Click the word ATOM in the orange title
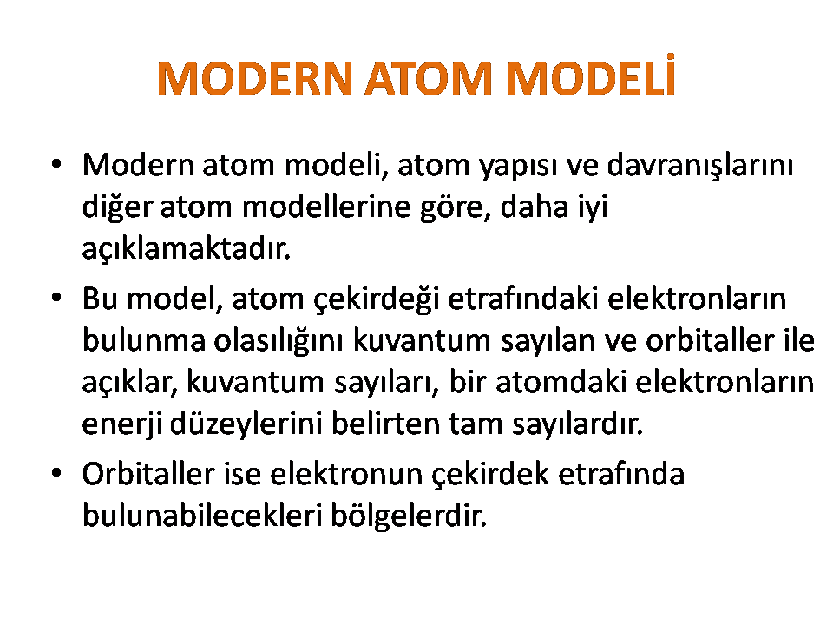[x=429, y=79]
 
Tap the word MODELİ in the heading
[x=591, y=75]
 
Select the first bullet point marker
[x=57, y=164]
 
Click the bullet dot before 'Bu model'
[x=57, y=298]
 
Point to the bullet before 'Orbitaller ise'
[x=57, y=473]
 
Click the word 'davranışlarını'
[x=700, y=165]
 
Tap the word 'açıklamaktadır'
[x=187, y=247]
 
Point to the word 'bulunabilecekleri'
[x=202, y=515]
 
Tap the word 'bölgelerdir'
[x=409, y=516]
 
